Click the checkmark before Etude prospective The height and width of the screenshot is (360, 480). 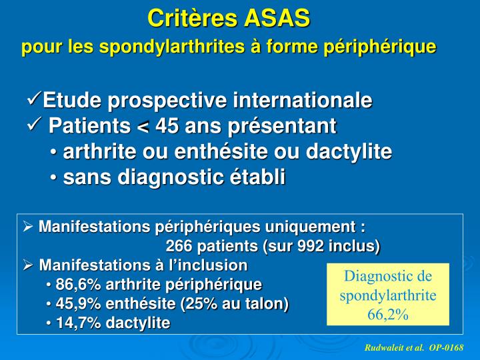34,101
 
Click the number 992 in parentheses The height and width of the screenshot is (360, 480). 306,245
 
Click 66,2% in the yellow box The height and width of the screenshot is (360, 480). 387,314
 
